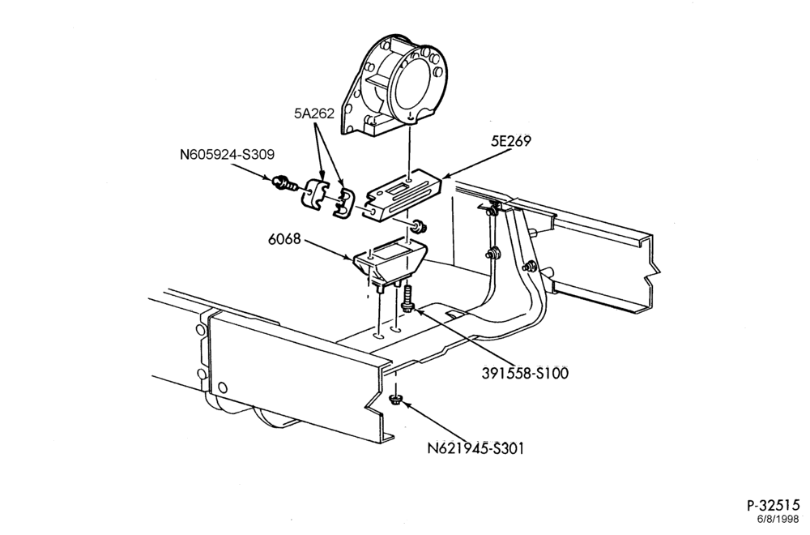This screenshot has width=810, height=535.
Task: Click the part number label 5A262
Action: coord(314,113)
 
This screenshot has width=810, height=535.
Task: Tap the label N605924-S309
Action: coord(227,154)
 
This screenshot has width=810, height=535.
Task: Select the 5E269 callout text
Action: coord(511,140)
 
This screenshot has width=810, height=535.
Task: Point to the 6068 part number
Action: coord(284,239)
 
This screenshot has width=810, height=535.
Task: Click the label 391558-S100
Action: coord(525,373)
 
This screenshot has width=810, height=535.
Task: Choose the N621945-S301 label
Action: coord(475,448)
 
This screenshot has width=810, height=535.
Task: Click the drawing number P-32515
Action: coord(773,505)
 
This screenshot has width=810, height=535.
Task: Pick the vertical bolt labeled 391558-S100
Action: coord(407,298)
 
